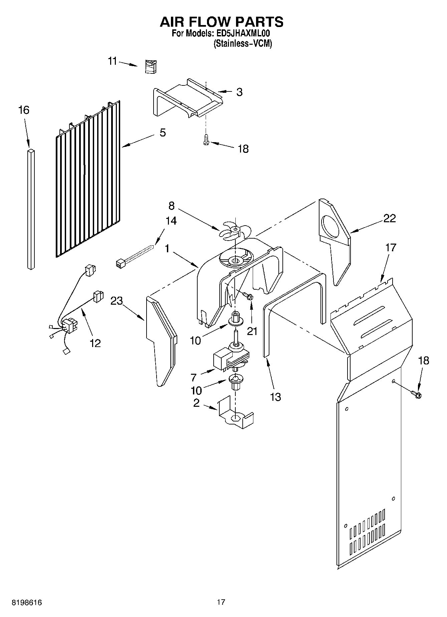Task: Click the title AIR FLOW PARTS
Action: coord(222,22)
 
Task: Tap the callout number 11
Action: coord(113,61)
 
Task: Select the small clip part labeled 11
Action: coord(151,66)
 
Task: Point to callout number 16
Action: coord(24,110)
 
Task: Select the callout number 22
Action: coord(389,218)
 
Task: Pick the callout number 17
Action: coord(390,248)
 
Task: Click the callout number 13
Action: coord(275,397)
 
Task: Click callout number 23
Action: coord(117,301)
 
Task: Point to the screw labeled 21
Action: coord(247,295)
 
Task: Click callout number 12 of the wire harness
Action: coord(95,343)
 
